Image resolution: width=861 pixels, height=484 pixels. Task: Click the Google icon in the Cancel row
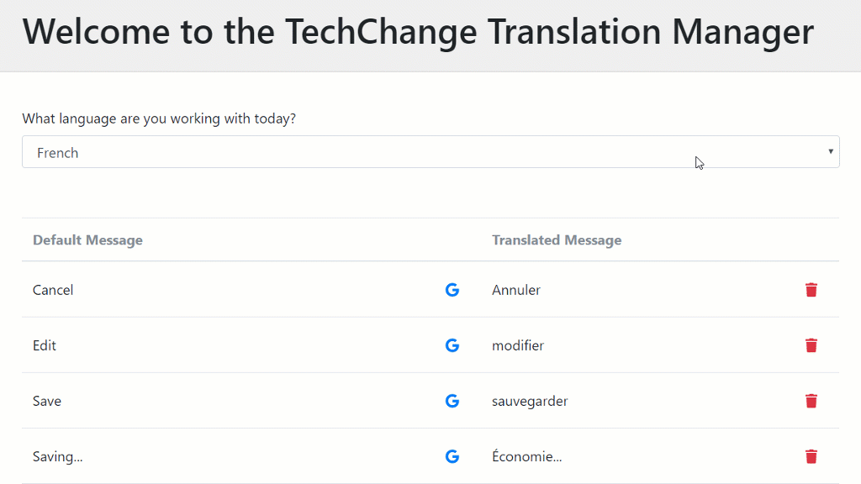coord(452,290)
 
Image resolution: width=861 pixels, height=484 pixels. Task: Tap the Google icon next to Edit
coord(452,345)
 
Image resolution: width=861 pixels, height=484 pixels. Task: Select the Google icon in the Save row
coord(452,401)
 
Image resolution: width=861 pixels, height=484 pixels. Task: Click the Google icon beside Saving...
coord(452,456)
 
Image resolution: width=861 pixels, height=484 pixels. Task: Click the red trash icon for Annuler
coord(811,290)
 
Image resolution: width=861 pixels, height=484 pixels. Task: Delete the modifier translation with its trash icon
coord(811,345)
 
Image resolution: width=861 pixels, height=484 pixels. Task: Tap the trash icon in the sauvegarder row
coord(811,401)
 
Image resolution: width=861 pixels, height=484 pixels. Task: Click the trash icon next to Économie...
coord(811,456)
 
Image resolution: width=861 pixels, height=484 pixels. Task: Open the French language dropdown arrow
coord(831,151)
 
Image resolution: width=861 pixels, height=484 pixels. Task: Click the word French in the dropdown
coord(58,153)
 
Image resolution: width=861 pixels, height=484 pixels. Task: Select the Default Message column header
coord(87,239)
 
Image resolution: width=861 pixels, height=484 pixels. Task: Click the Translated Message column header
coord(557,239)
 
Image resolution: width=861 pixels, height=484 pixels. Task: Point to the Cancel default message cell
coord(53,290)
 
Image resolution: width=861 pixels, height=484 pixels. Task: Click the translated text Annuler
coord(516,290)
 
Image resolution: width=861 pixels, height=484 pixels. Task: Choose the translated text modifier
coord(518,345)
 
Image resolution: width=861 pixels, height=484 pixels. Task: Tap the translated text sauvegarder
coord(530,401)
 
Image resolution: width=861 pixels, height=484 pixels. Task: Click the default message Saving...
coord(58,456)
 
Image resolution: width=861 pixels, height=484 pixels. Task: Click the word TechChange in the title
coord(381,32)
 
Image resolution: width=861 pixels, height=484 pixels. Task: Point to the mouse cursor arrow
coord(699,163)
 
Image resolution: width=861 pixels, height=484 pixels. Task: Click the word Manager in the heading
coord(743,32)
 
